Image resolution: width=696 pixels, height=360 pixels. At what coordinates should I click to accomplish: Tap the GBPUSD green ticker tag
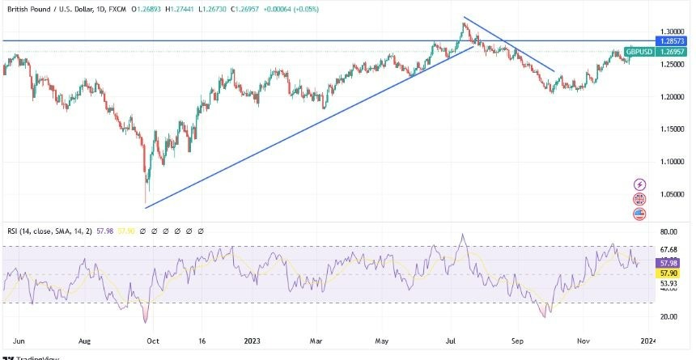point(639,51)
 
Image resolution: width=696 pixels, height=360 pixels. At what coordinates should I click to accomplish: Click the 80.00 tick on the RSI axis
point(669,232)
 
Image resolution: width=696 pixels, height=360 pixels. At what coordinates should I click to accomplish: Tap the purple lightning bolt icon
point(641,185)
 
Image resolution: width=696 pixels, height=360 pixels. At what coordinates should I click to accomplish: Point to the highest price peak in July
point(464,23)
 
